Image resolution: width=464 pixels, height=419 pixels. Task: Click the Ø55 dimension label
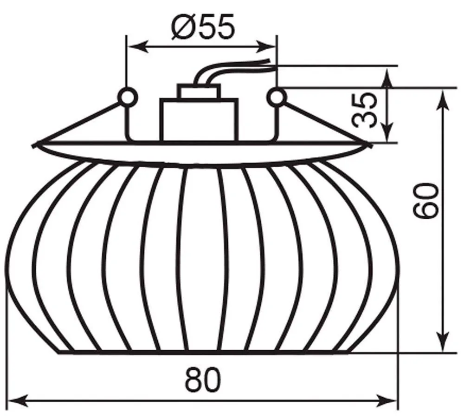click(x=203, y=26)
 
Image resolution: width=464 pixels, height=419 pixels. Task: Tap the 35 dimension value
click(x=365, y=110)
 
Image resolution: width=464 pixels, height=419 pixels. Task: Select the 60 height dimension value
click(x=425, y=201)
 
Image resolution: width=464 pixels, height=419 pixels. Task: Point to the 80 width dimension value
click(x=203, y=380)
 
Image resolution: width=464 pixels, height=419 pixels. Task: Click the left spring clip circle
click(x=128, y=96)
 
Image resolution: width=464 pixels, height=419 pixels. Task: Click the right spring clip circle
click(x=277, y=96)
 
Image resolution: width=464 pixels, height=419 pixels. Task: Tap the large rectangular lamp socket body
click(x=199, y=120)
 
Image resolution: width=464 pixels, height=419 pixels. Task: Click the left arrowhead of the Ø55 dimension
click(x=139, y=46)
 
